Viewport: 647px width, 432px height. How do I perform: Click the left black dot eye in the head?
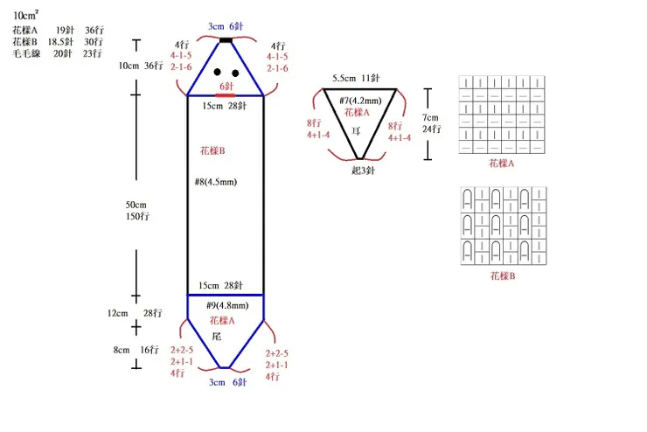pyautogui.click(x=218, y=73)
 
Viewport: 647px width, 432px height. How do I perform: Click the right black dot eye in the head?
pyautogui.click(x=235, y=73)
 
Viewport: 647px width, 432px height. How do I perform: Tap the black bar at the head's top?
pyautogui.click(x=226, y=40)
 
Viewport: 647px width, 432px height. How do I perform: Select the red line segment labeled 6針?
pyautogui.click(x=226, y=95)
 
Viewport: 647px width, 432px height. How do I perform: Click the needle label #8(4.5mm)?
pyautogui.click(x=216, y=182)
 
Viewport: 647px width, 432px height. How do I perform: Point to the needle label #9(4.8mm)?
pyautogui.click(x=227, y=306)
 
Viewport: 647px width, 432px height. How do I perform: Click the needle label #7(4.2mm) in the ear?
pyautogui.click(x=360, y=101)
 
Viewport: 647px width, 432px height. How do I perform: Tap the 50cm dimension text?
pyautogui.click(x=136, y=205)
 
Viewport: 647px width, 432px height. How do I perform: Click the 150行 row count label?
pyautogui.click(x=138, y=216)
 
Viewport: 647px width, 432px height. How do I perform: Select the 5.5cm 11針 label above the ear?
pyautogui.click(x=356, y=78)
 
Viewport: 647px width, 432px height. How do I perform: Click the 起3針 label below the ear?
pyautogui.click(x=363, y=171)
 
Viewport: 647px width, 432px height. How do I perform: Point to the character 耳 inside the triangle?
pyautogui.click(x=356, y=131)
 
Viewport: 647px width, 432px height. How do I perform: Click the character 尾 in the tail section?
pyautogui.click(x=217, y=337)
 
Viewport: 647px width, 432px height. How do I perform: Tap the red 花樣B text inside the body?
pyautogui.click(x=212, y=150)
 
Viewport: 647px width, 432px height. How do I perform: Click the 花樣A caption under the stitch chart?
pyautogui.click(x=502, y=164)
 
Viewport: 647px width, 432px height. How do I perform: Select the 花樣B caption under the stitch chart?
pyautogui.click(x=503, y=276)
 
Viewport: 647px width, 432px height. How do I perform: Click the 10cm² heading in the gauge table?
pyautogui.click(x=25, y=15)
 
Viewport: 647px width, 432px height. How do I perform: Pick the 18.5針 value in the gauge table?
pyautogui.click(x=60, y=42)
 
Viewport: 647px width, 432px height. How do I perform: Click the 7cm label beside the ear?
pyautogui.click(x=430, y=117)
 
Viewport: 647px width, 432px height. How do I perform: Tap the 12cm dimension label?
pyautogui.click(x=118, y=313)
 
